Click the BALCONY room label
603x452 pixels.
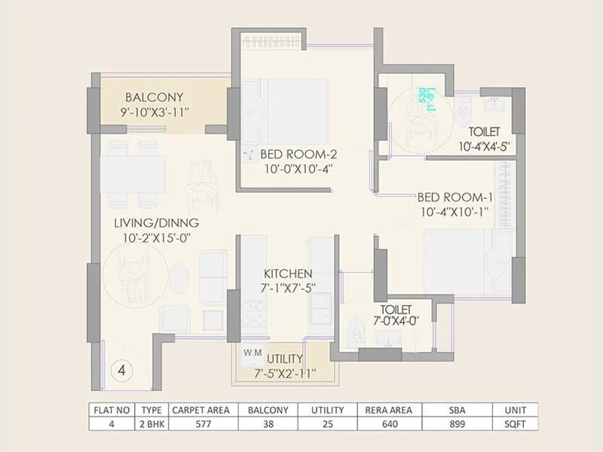pyautogui.click(x=155, y=97)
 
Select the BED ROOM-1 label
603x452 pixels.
pyautogui.click(x=455, y=197)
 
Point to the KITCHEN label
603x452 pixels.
pyautogui.click(x=288, y=273)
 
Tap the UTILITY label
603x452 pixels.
pyautogui.click(x=285, y=359)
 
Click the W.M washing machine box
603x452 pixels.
pyautogui.click(x=251, y=352)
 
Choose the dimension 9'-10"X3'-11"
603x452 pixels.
pyautogui.click(x=155, y=111)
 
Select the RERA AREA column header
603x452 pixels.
pyautogui.click(x=390, y=410)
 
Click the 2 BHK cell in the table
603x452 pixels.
pyautogui.click(x=152, y=424)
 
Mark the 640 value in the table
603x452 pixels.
pyautogui.click(x=390, y=424)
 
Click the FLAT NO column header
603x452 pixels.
pyautogui.click(x=112, y=410)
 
